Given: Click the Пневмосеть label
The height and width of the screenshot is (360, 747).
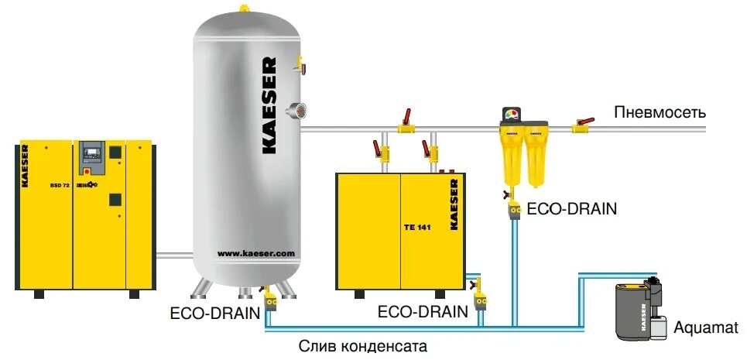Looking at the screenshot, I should point(660,112).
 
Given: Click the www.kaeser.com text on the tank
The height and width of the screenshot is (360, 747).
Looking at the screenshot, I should point(245,253).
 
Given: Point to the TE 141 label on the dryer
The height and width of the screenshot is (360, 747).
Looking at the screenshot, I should point(416,227).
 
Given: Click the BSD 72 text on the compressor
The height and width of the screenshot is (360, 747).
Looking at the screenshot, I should point(60,186).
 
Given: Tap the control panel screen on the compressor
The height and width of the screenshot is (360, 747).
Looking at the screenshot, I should point(92,149).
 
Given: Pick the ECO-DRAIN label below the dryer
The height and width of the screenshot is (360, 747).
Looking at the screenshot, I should point(423,312).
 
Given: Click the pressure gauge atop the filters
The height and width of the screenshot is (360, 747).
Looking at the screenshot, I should point(512,115).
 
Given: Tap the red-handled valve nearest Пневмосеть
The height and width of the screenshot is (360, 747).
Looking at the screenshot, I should point(582,124).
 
